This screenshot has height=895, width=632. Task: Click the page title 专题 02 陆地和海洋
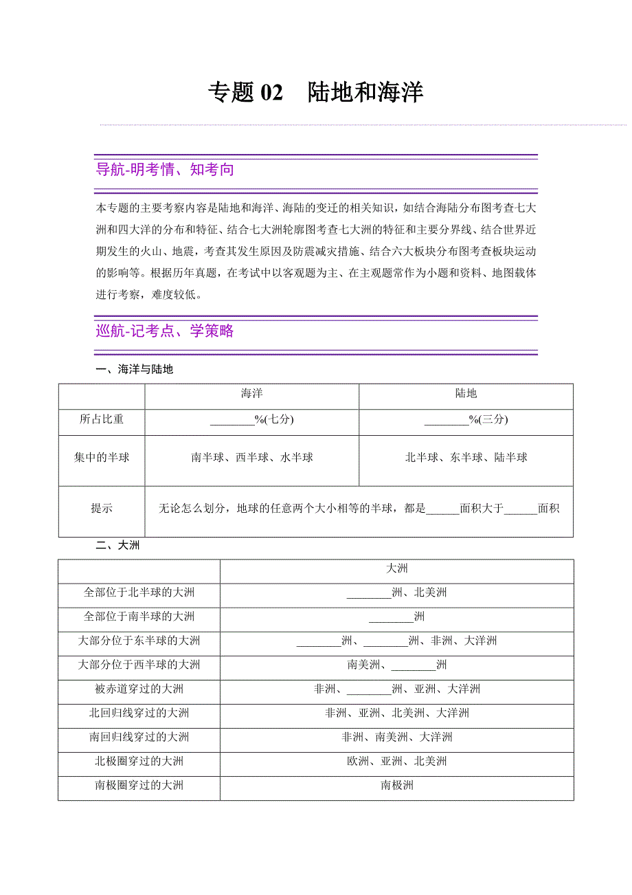315,93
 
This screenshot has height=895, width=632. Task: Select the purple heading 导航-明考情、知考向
165,170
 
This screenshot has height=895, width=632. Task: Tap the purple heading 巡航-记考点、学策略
165,331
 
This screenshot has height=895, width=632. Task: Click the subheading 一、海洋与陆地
135,370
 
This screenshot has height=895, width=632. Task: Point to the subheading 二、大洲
118,546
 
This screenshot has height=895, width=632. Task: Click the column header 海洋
251,394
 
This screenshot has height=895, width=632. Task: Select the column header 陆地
466,394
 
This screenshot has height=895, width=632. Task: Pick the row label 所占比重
102,419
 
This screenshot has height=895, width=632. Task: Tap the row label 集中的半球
102,458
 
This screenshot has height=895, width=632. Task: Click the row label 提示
102,509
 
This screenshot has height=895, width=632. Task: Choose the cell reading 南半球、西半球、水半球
252,458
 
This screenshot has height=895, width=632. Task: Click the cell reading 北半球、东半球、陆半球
466,458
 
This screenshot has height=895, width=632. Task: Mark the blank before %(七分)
232,420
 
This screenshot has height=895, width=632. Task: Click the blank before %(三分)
446,420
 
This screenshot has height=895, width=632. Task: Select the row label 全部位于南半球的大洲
139,617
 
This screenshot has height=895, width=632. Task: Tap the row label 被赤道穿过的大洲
139,689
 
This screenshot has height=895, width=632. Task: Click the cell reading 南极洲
397,786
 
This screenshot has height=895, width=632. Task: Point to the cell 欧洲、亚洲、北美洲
397,762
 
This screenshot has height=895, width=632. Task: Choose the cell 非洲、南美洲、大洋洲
397,738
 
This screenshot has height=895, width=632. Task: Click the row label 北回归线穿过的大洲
139,714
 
